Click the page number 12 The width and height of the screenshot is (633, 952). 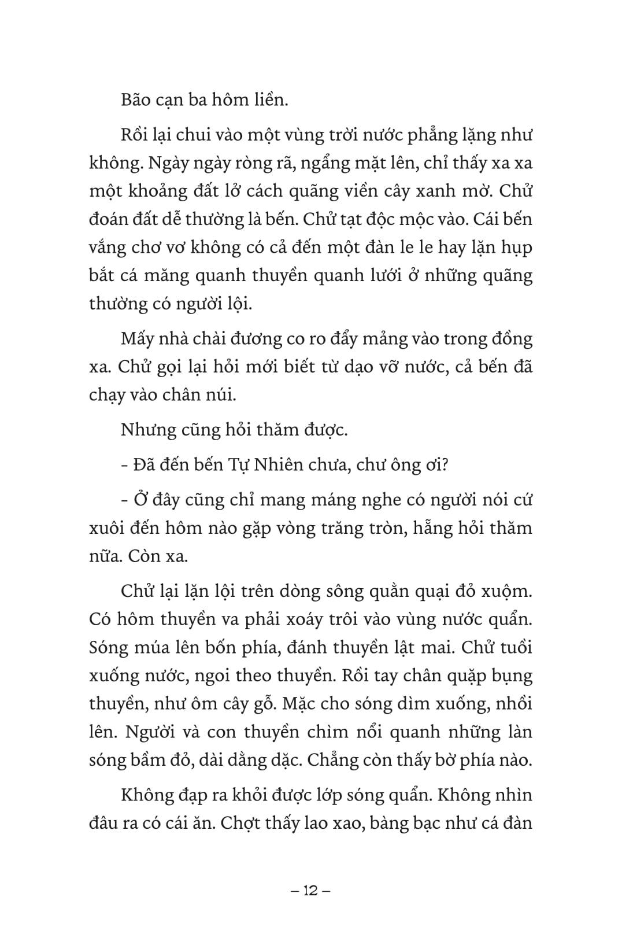pos(311,891)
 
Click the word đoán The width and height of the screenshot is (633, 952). pos(110,220)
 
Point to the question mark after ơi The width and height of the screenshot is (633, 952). pos(443,466)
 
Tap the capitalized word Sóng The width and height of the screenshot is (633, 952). pos(109,648)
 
